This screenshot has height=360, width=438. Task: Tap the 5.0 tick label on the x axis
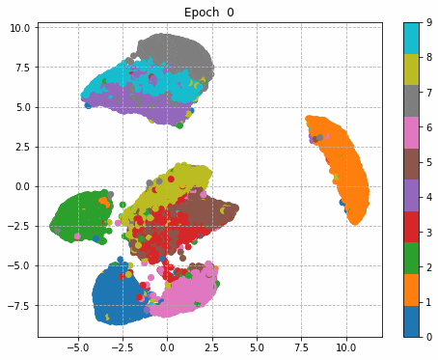[x=257, y=346]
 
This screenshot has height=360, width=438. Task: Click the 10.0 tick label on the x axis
[x=346, y=346]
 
